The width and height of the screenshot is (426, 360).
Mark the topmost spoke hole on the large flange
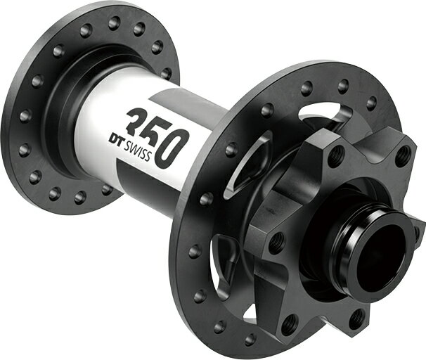click(343, 86)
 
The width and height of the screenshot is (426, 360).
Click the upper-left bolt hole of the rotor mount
click(335, 157)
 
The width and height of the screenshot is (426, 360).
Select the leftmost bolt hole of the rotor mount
click(277, 243)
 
